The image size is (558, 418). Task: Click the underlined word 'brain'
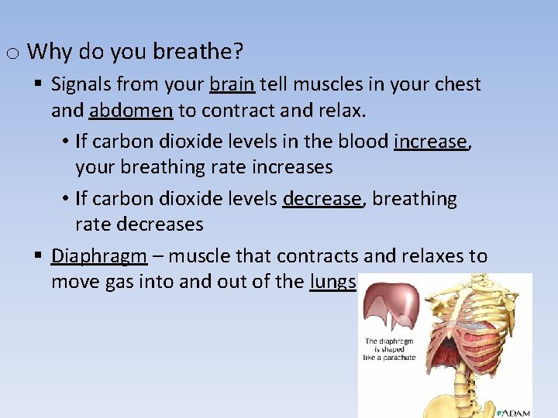point(232,84)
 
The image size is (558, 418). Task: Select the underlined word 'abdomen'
point(131,111)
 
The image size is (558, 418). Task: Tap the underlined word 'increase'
point(431,142)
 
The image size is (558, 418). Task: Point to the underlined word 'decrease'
point(322,199)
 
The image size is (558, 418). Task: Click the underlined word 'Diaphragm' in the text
point(99,256)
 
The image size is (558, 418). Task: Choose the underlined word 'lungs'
point(332,282)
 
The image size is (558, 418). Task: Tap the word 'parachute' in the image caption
point(398,358)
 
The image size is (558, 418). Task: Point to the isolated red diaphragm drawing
point(392,307)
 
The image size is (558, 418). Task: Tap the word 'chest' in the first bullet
point(456,84)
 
